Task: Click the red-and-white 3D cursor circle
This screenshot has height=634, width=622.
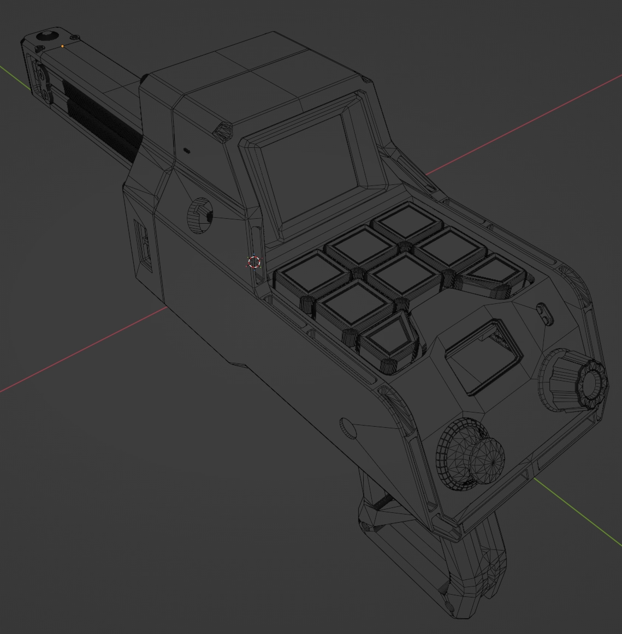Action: pyautogui.click(x=254, y=262)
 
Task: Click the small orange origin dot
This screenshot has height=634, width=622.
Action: pyautogui.click(x=62, y=46)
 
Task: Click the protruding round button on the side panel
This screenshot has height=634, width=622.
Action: pyautogui.click(x=200, y=216)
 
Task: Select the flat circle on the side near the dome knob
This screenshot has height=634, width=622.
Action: pyautogui.click(x=348, y=428)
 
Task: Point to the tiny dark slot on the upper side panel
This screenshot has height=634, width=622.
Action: pyautogui.click(x=186, y=150)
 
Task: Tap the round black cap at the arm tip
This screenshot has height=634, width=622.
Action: pyautogui.click(x=47, y=37)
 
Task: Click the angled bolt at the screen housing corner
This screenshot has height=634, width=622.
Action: pyautogui.click(x=222, y=131)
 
